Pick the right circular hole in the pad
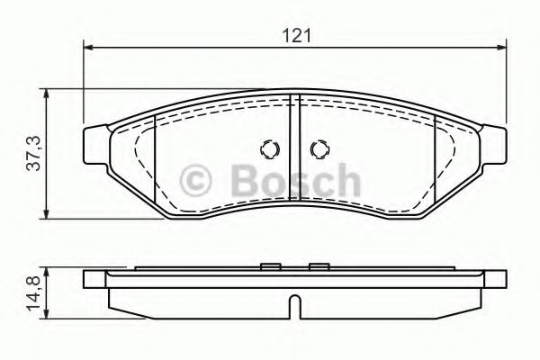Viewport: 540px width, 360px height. [318, 149]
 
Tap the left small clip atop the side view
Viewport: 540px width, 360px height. [268, 266]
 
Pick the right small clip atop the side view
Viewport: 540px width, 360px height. [317, 266]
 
